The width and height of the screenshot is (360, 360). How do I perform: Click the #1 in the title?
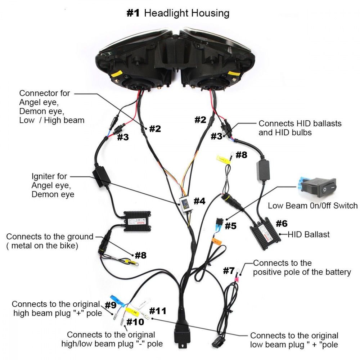tap(134, 13)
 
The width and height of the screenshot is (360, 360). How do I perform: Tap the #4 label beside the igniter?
tap(199, 201)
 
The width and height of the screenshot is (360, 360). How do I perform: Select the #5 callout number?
tap(231, 226)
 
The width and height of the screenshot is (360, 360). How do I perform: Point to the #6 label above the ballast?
tap(282, 224)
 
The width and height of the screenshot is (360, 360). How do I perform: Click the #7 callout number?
tap(229, 271)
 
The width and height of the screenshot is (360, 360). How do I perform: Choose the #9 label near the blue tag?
tap(111, 305)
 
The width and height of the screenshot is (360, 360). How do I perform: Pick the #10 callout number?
tap(135, 321)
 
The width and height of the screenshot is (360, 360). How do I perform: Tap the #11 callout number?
tap(158, 311)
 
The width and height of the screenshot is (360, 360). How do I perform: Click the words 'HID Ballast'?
tap(309, 235)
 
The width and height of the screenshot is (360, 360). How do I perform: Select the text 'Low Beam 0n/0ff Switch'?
tap(312, 206)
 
